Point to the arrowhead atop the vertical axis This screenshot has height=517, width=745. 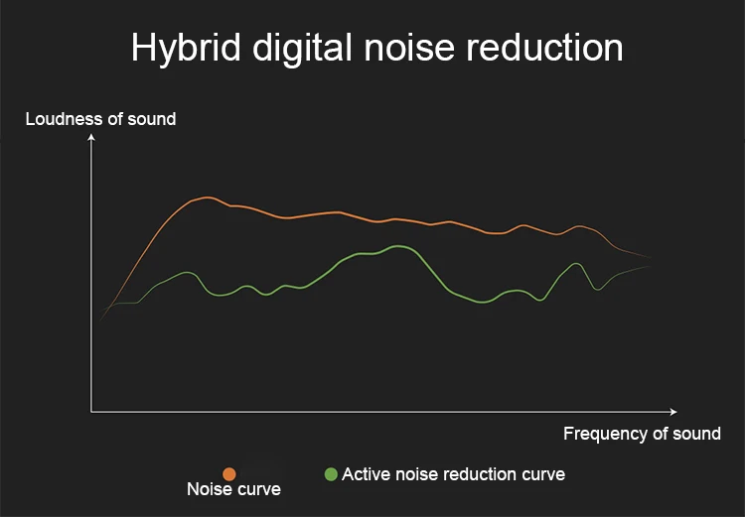pos(91,137)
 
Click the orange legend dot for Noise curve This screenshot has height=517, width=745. pos(229,474)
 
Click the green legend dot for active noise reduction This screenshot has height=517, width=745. pos(331,474)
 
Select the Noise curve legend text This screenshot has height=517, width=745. pos(233,489)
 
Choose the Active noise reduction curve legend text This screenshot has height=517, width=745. pos(453,474)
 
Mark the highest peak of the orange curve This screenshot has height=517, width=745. pos(206,197)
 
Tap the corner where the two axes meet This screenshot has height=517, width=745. pos(91,411)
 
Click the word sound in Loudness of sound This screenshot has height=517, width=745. pos(152,119)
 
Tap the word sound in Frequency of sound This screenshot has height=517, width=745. pos(697,434)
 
